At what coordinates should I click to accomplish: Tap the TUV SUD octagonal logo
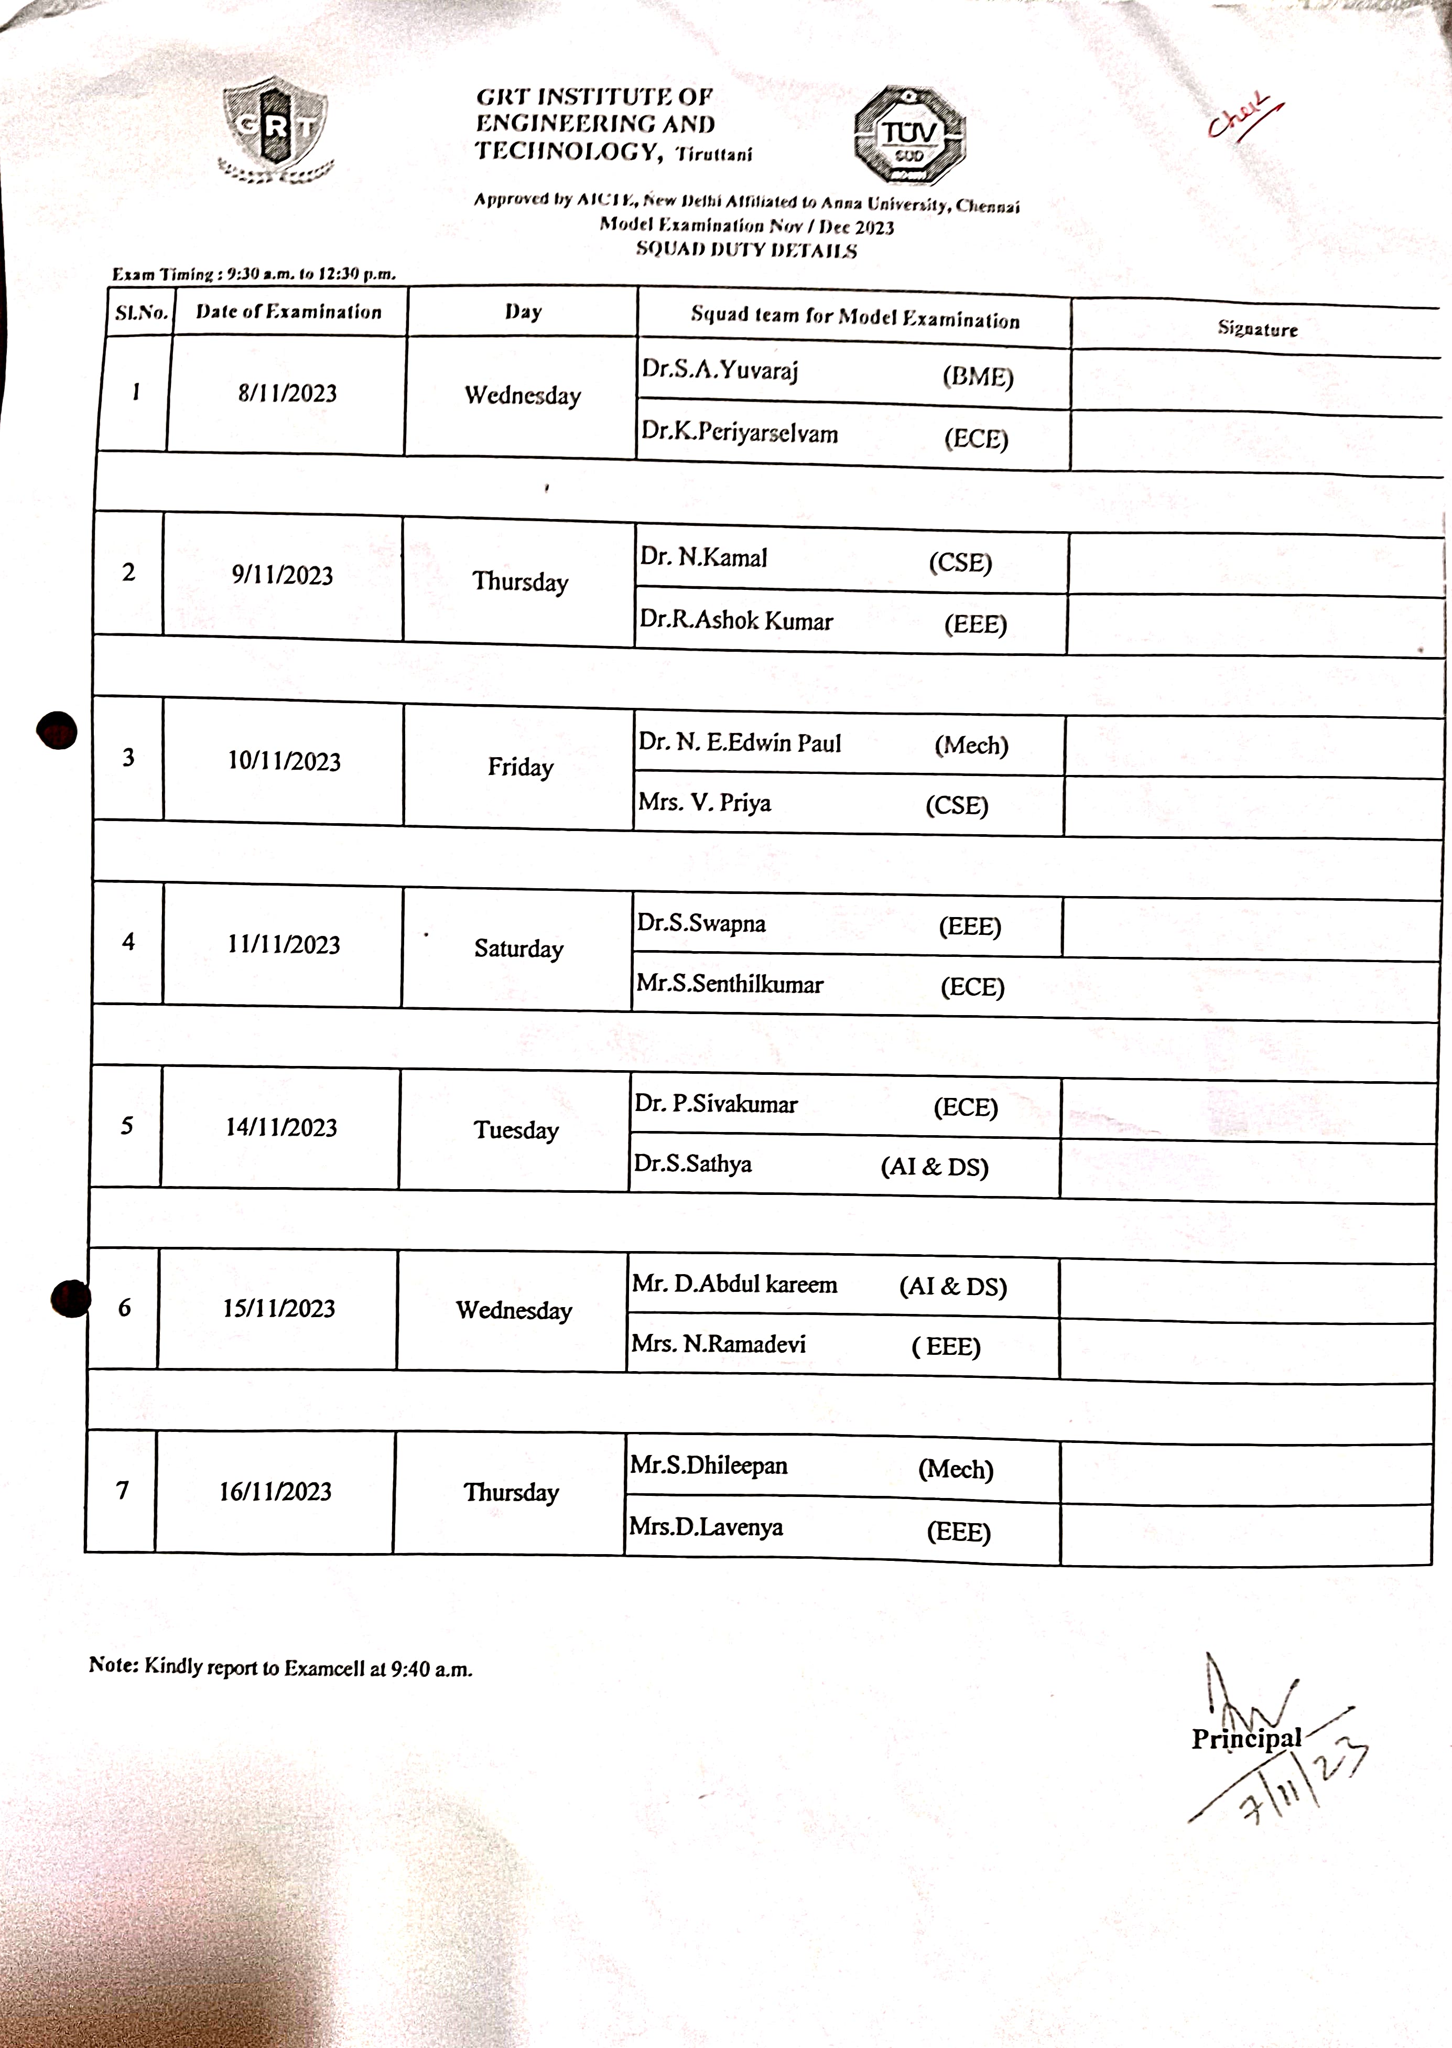909,136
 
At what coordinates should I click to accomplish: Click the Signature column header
1257,328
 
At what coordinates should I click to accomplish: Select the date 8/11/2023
287,393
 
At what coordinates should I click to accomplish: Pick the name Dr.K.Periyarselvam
740,433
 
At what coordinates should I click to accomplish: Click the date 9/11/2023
283,575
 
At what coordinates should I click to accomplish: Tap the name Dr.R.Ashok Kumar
736,621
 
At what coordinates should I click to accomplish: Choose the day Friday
521,767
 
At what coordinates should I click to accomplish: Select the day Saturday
518,949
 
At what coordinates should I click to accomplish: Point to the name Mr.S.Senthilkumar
730,985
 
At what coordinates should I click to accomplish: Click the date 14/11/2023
281,1128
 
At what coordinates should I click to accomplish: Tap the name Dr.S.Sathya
693,1163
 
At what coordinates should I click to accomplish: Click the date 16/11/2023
275,1492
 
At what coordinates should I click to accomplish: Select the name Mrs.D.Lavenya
706,1527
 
